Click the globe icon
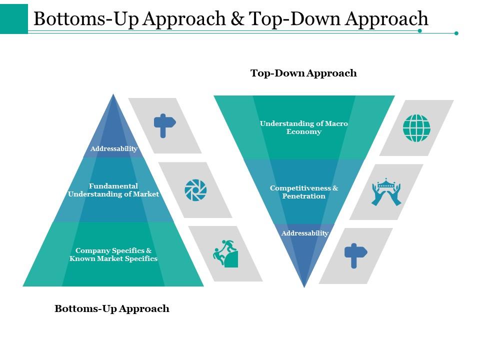click(416, 128)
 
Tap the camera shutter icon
click(195, 190)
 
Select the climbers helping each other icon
click(225, 253)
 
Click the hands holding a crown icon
click(386, 192)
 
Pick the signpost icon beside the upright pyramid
click(164, 125)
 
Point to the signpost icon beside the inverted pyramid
click(355, 255)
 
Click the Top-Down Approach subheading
click(303, 73)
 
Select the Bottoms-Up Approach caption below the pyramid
click(112, 308)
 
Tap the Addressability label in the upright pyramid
click(114, 149)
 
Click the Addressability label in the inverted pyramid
click(305, 233)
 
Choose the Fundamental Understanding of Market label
click(113, 190)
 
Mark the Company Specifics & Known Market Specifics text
click(113, 254)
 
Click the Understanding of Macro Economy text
click(304, 127)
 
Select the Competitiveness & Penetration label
click(304, 192)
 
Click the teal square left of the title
click(14, 18)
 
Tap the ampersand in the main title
click(237, 19)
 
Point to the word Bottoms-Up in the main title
click(86, 19)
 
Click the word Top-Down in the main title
click(294, 19)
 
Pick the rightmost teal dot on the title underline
click(456, 33)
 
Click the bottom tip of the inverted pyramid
click(304, 287)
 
